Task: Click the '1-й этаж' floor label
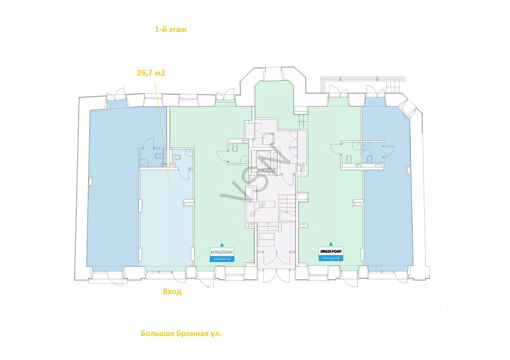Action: [x=171, y=30]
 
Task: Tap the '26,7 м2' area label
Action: [x=151, y=73]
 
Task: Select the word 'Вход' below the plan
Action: [x=172, y=292]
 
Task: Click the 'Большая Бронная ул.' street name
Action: [x=181, y=333]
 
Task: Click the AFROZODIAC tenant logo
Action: [x=222, y=252]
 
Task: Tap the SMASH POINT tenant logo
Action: [x=331, y=251]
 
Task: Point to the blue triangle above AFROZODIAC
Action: [x=222, y=245]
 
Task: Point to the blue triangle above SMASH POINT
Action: [x=331, y=244]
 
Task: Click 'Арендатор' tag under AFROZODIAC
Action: [x=222, y=259]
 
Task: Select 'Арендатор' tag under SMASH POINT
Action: [x=331, y=258]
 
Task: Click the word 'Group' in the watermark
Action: [x=257, y=209]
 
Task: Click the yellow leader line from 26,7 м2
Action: [x=163, y=132]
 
